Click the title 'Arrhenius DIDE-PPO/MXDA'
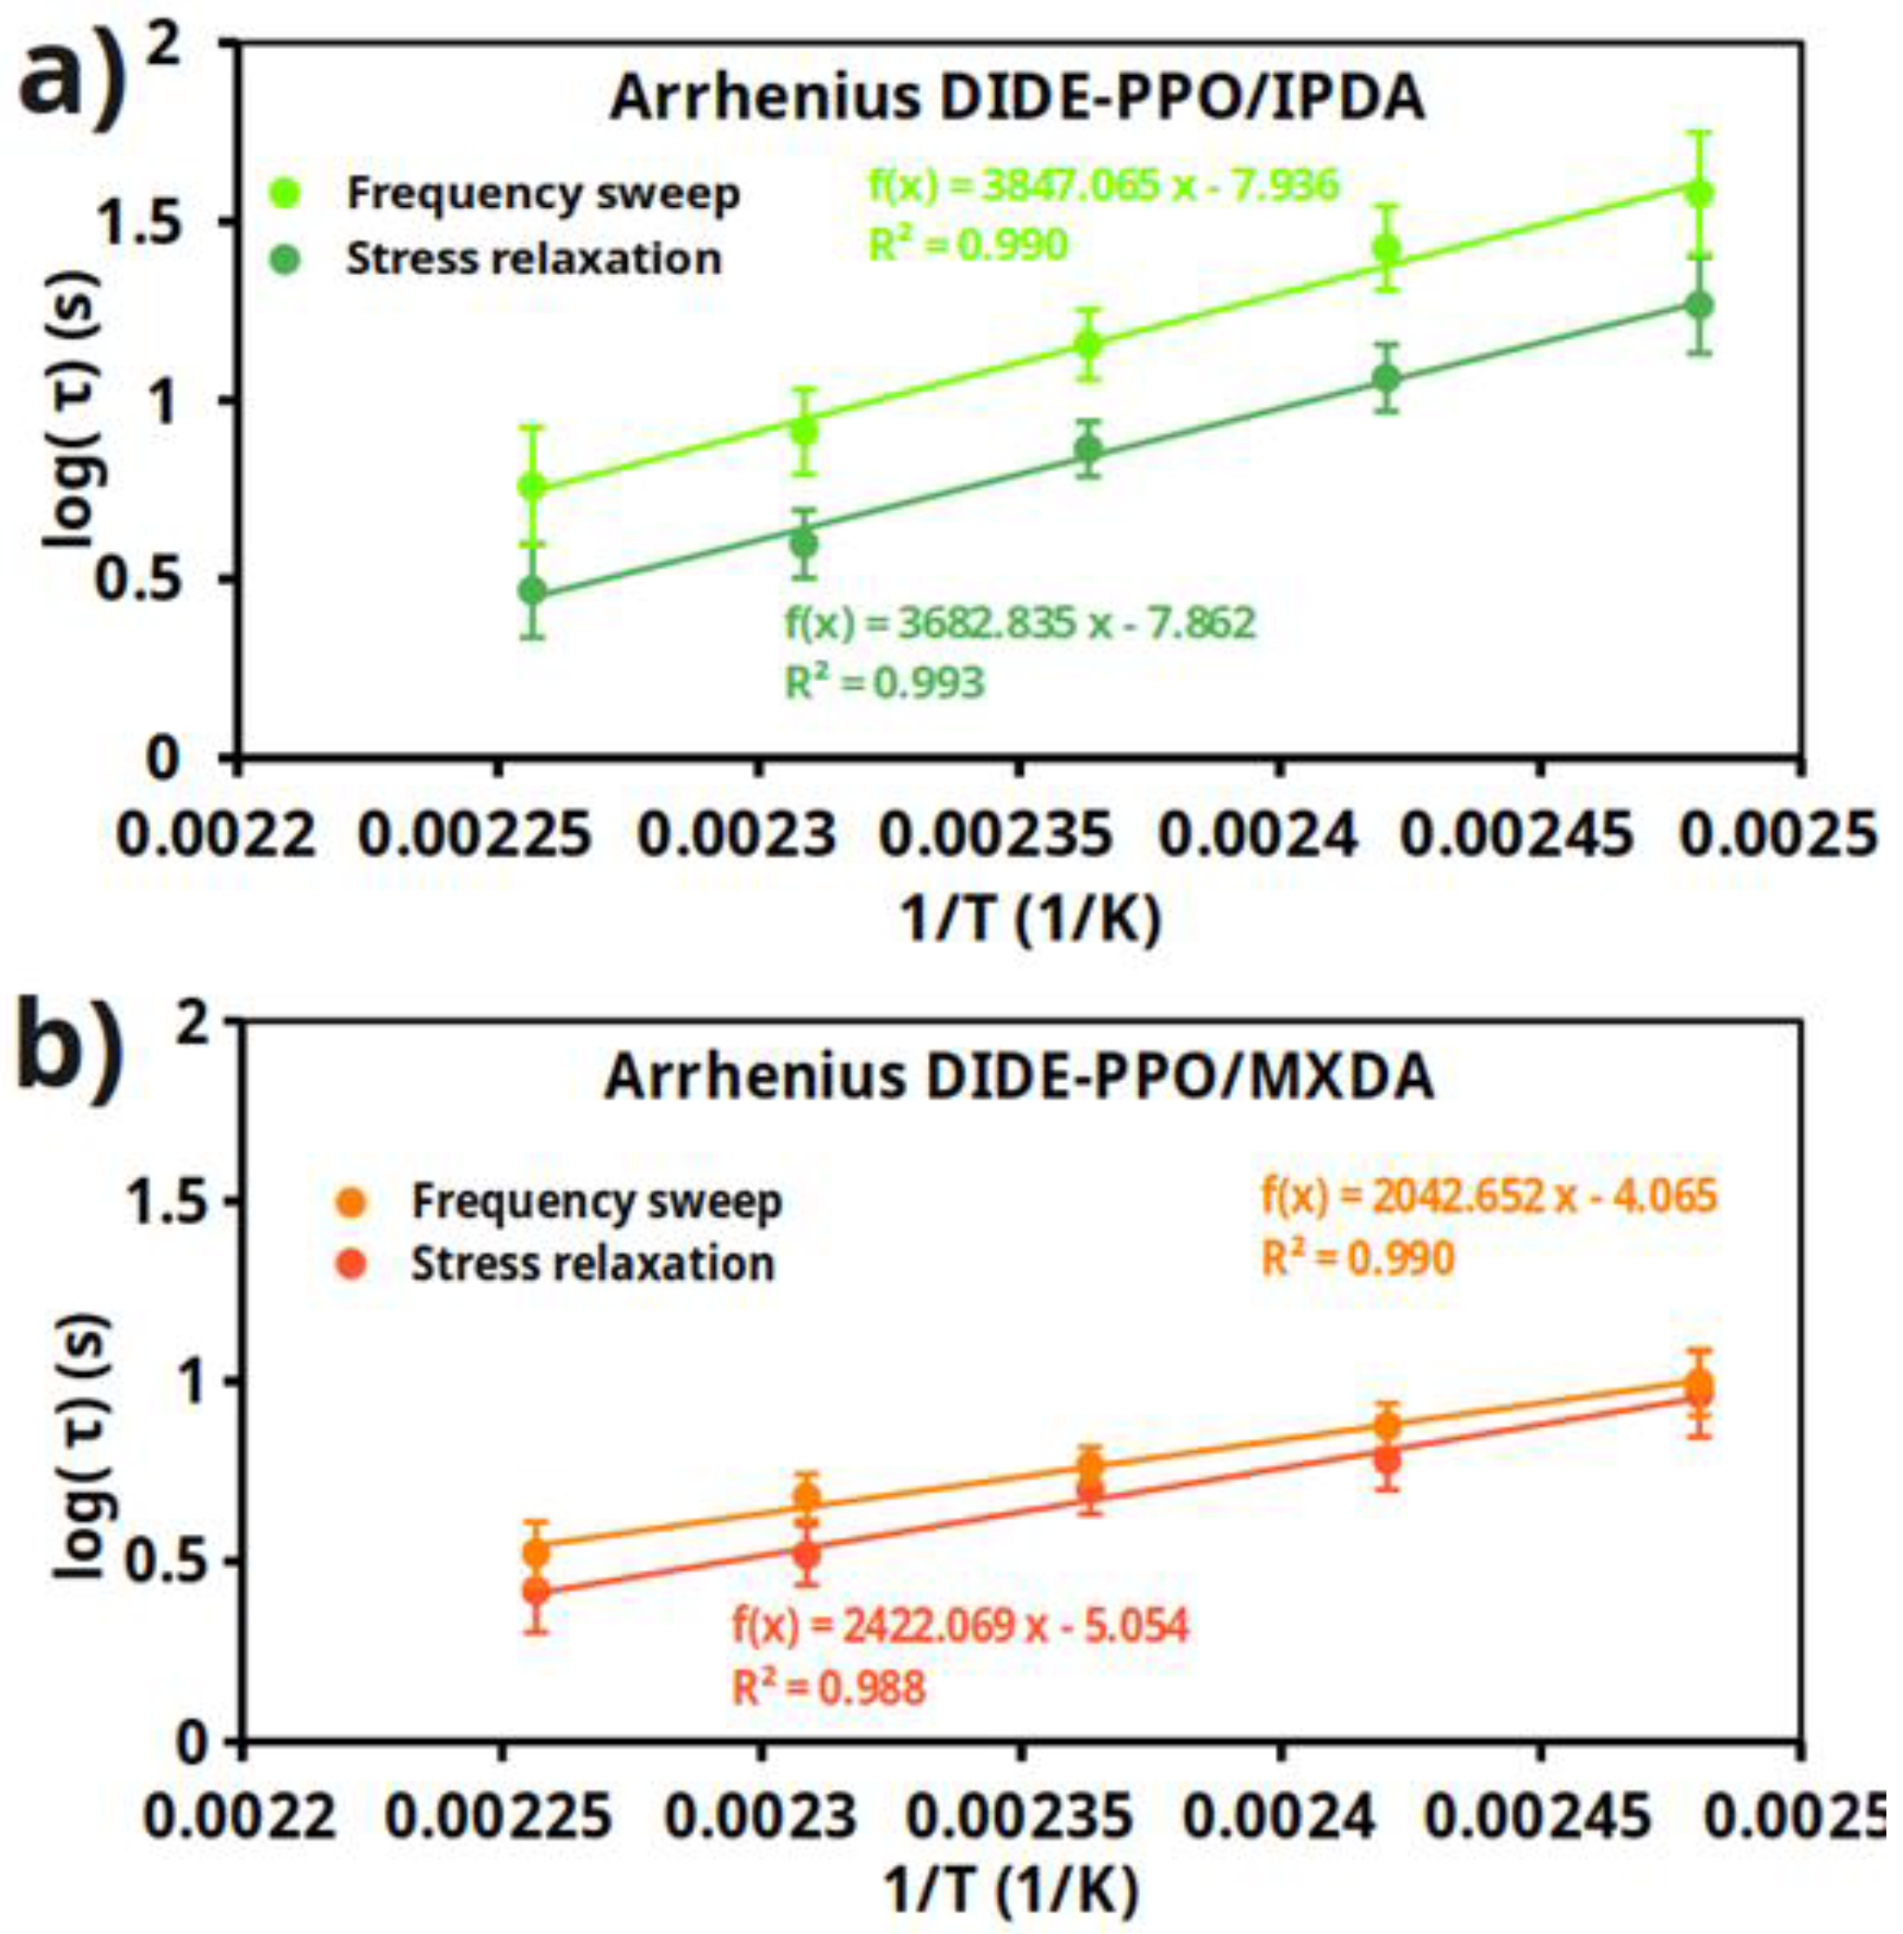(x=1019, y=1077)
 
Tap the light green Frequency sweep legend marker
(x=287, y=193)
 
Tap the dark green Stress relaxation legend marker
(x=287, y=258)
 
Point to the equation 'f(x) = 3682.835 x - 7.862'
(x=1020, y=623)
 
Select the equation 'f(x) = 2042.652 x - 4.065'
(x=1488, y=1196)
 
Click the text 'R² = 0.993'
(x=884, y=684)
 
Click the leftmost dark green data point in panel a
(x=532, y=591)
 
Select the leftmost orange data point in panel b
(x=537, y=1553)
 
